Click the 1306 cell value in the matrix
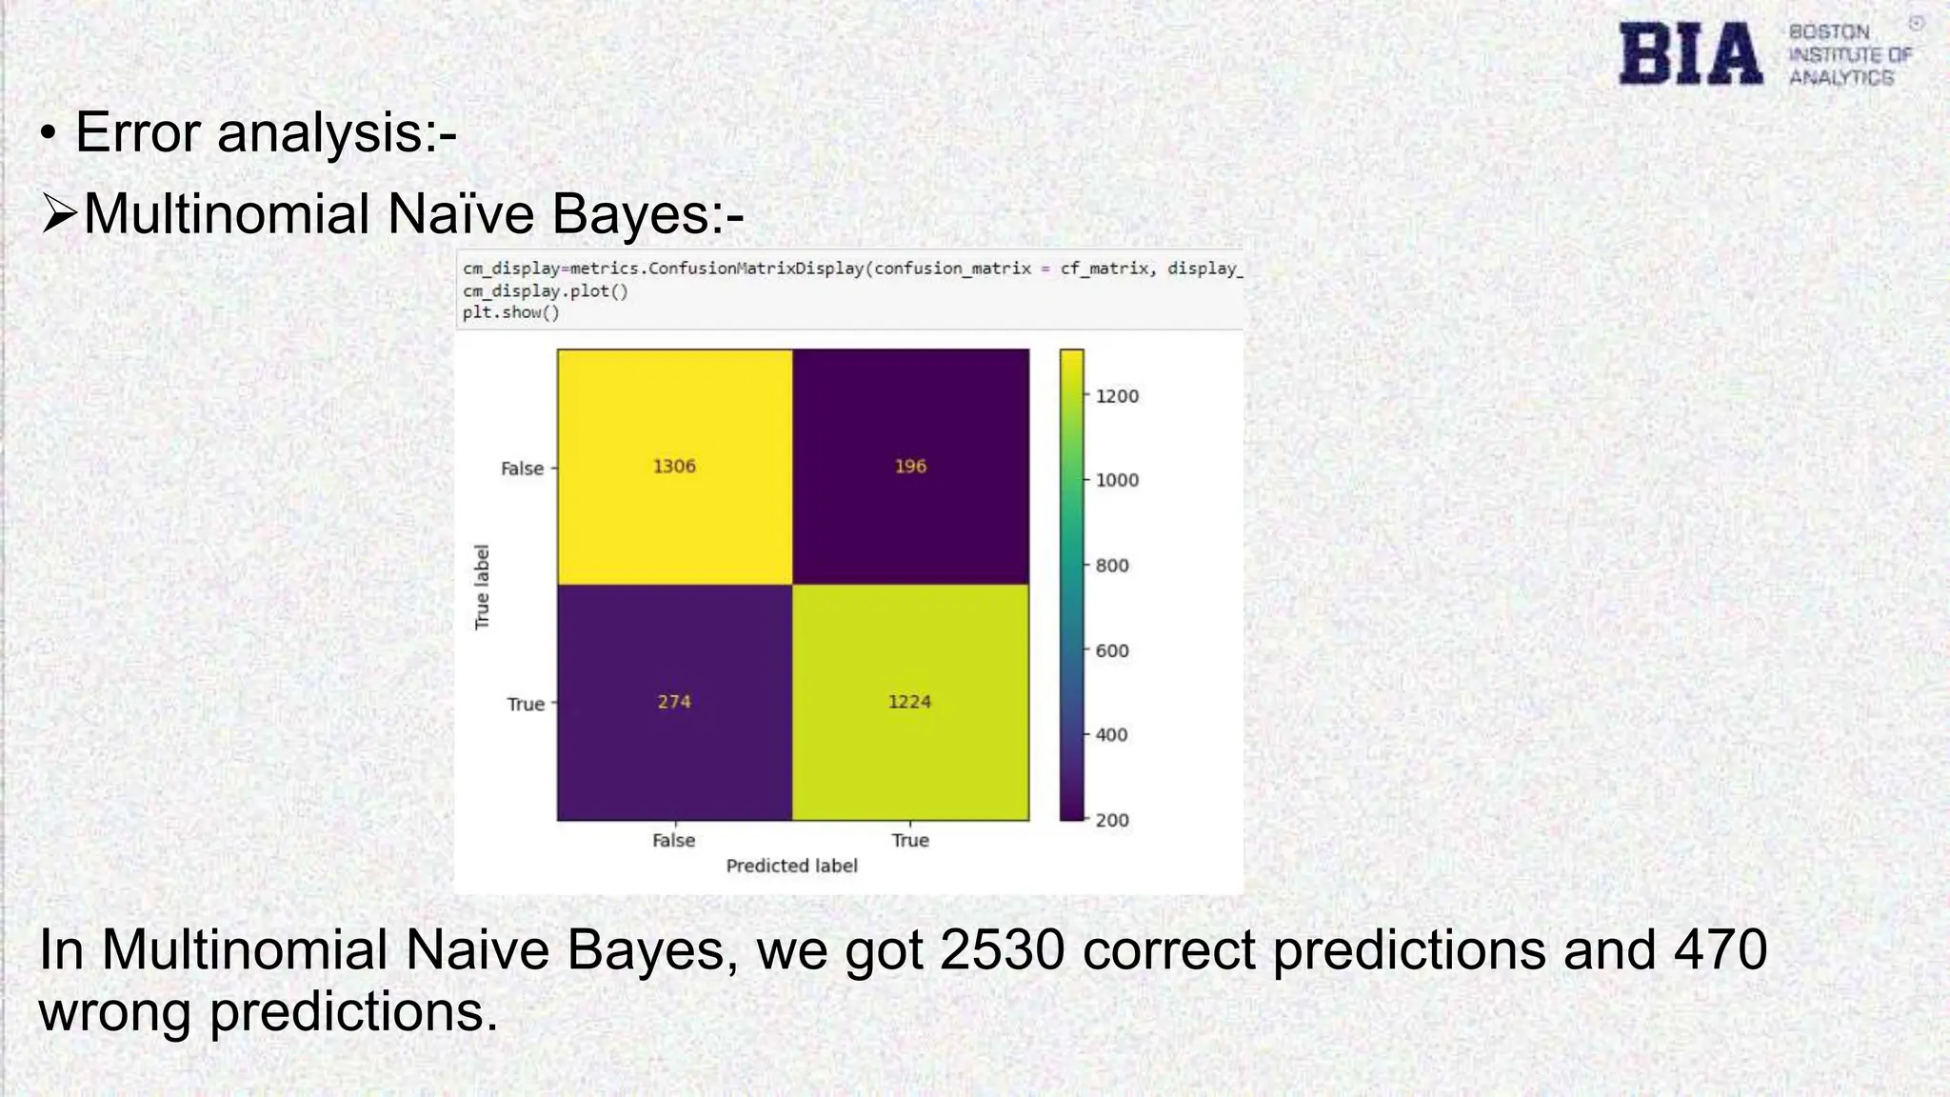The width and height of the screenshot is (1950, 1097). [674, 466]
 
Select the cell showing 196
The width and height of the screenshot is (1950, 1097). [910, 466]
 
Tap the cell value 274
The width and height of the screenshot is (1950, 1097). [674, 702]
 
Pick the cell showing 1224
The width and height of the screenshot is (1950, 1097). [909, 702]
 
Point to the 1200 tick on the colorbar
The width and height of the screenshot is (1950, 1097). [1116, 396]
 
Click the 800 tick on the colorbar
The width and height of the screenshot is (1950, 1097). [1111, 566]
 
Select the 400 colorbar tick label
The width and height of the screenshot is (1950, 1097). [1111, 735]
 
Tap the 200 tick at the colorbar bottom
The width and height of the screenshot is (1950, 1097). [1111, 820]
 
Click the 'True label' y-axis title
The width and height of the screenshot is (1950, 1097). [483, 587]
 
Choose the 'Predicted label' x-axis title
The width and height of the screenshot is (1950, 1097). [791, 866]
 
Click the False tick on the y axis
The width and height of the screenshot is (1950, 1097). [523, 469]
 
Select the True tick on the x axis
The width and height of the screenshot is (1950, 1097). [910, 840]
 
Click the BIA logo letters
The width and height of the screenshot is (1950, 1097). [1691, 54]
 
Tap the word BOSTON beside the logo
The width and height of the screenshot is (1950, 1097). [1829, 32]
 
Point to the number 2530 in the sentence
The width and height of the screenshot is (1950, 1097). [1002, 949]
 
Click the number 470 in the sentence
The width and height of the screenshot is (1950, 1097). [1721, 949]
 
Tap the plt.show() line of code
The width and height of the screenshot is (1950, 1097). [511, 312]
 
